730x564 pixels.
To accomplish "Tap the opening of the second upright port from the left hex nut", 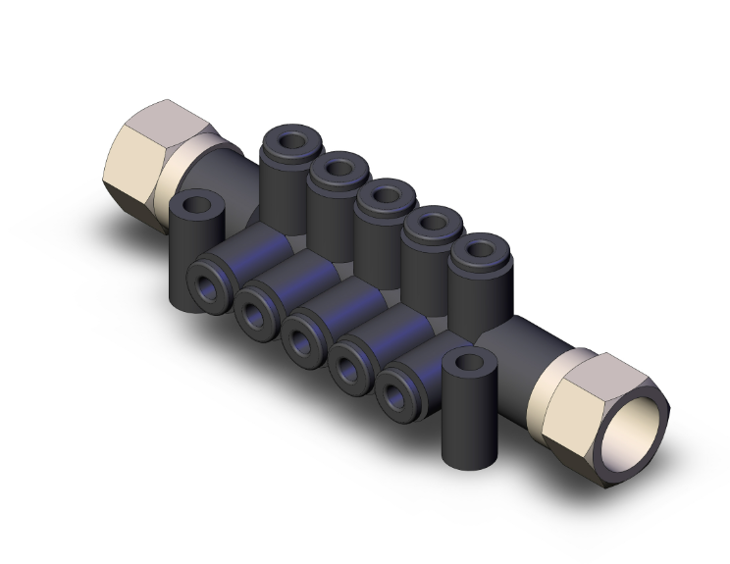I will [x=337, y=170].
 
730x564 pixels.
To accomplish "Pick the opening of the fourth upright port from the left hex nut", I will [x=430, y=224].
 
